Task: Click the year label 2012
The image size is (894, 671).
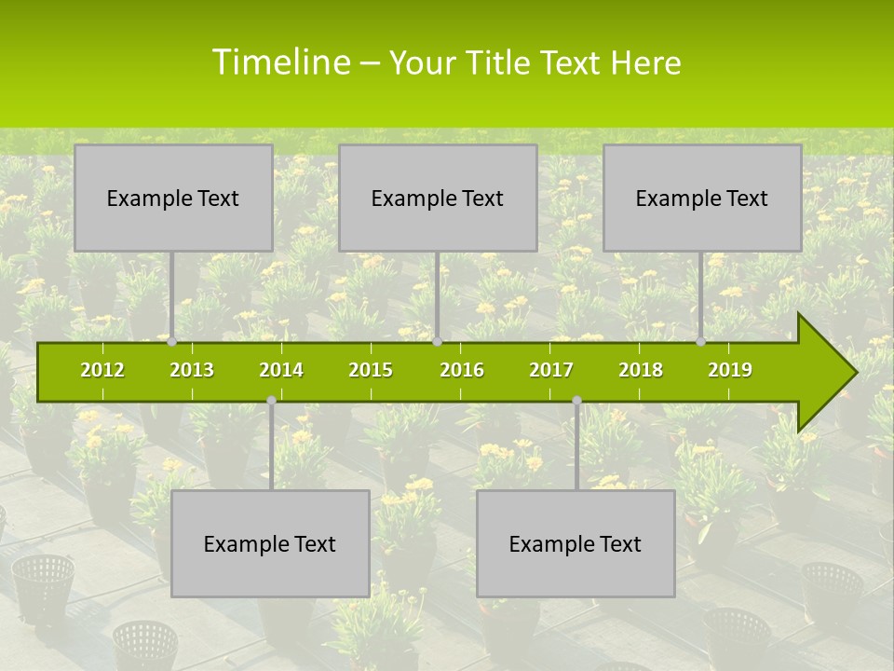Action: pyautogui.click(x=102, y=370)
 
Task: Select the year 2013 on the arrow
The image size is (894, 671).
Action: pyautogui.click(x=192, y=370)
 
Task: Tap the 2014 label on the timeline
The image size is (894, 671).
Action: pyautogui.click(x=281, y=370)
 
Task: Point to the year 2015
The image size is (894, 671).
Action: pyautogui.click(x=371, y=370)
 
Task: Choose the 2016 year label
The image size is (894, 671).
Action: pyautogui.click(x=462, y=370)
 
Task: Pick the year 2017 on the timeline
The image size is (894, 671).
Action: pyautogui.click(x=551, y=370)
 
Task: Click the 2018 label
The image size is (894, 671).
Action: pyautogui.click(x=641, y=370)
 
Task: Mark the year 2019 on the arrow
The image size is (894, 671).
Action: pyautogui.click(x=730, y=370)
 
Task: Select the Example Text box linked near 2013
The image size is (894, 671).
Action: pyautogui.click(x=173, y=198)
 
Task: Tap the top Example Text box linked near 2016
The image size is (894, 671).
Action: pyautogui.click(x=438, y=198)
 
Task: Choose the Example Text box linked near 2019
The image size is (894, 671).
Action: pyautogui.click(x=702, y=198)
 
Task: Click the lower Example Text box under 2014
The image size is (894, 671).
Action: pyautogui.click(x=270, y=543)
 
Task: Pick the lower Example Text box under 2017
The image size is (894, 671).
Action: pyautogui.click(x=576, y=543)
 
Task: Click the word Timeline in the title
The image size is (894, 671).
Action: pyautogui.click(x=279, y=62)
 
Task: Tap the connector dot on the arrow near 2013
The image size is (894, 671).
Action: pyautogui.click(x=172, y=342)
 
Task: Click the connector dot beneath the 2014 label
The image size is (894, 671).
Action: pyautogui.click(x=271, y=400)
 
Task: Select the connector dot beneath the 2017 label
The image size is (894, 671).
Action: pyautogui.click(x=576, y=400)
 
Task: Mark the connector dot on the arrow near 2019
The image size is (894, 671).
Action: pyautogui.click(x=701, y=342)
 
